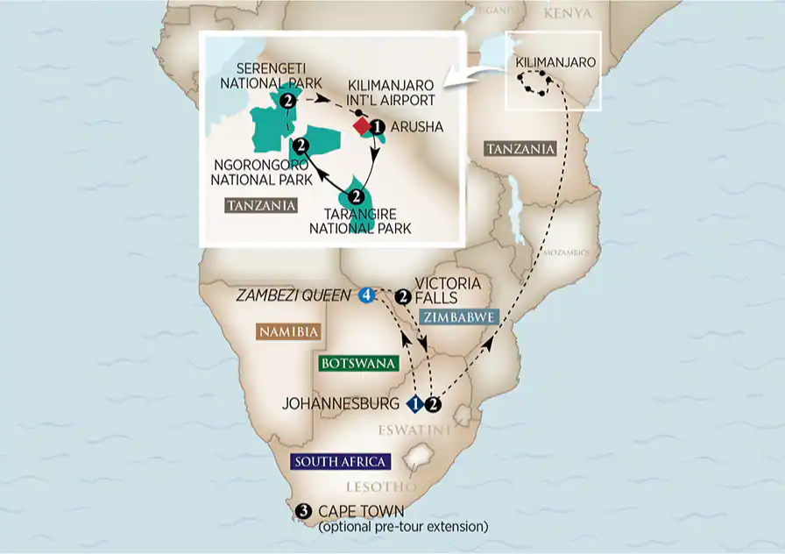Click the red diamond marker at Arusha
tap(361, 127)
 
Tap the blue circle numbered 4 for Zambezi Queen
tap(366, 295)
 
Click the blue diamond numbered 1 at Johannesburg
tap(416, 404)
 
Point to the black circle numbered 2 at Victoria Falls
tap(403, 295)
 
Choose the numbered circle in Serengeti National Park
tap(288, 102)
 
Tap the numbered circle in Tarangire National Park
tap(357, 196)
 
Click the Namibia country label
tap(286, 331)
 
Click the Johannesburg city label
tap(343, 404)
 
